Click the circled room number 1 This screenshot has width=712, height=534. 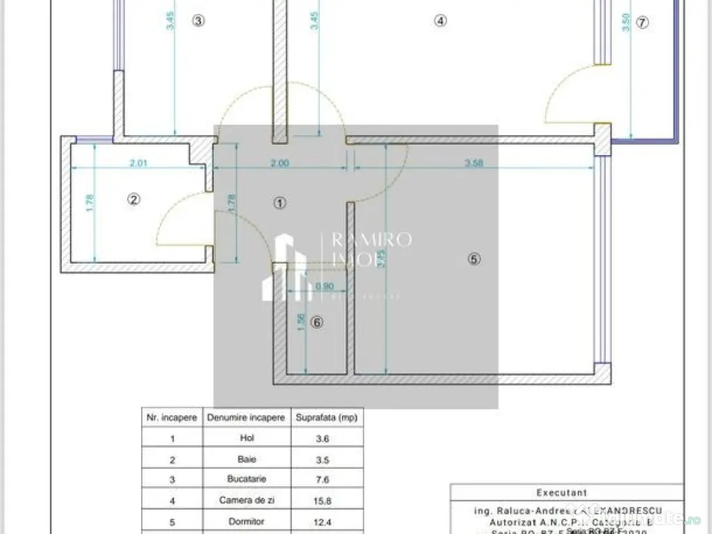(280, 203)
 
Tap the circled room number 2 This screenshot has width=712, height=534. (134, 200)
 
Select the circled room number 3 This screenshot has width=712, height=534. (198, 21)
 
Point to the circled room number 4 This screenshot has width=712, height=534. (439, 21)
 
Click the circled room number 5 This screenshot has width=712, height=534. (474, 259)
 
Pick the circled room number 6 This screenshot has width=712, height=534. (316, 323)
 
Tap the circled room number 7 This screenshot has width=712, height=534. (642, 22)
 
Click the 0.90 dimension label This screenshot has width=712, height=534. (324, 286)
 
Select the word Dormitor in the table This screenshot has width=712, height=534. (246, 521)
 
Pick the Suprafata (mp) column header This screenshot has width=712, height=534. (326, 418)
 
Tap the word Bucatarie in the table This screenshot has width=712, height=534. (246, 479)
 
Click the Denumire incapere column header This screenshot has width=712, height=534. (246, 418)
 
